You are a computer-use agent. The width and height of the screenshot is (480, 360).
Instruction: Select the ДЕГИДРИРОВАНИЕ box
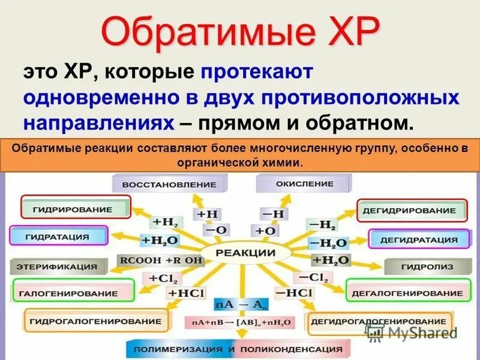pyautogui.click(x=413, y=210)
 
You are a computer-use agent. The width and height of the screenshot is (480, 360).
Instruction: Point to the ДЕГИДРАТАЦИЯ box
pyautogui.click(x=419, y=239)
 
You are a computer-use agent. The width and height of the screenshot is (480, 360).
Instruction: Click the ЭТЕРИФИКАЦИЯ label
pyautogui.click(x=57, y=265)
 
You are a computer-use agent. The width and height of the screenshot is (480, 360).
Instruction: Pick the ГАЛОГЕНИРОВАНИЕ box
pyautogui.click(x=72, y=292)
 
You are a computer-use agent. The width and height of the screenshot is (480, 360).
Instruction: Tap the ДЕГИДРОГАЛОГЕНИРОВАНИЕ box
pyautogui.click(x=379, y=321)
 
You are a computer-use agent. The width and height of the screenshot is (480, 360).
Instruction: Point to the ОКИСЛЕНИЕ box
pyautogui.click(x=296, y=183)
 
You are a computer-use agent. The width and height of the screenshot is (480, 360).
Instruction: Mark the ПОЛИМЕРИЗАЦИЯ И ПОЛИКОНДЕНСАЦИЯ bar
pyautogui.click(x=238, y=349)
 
